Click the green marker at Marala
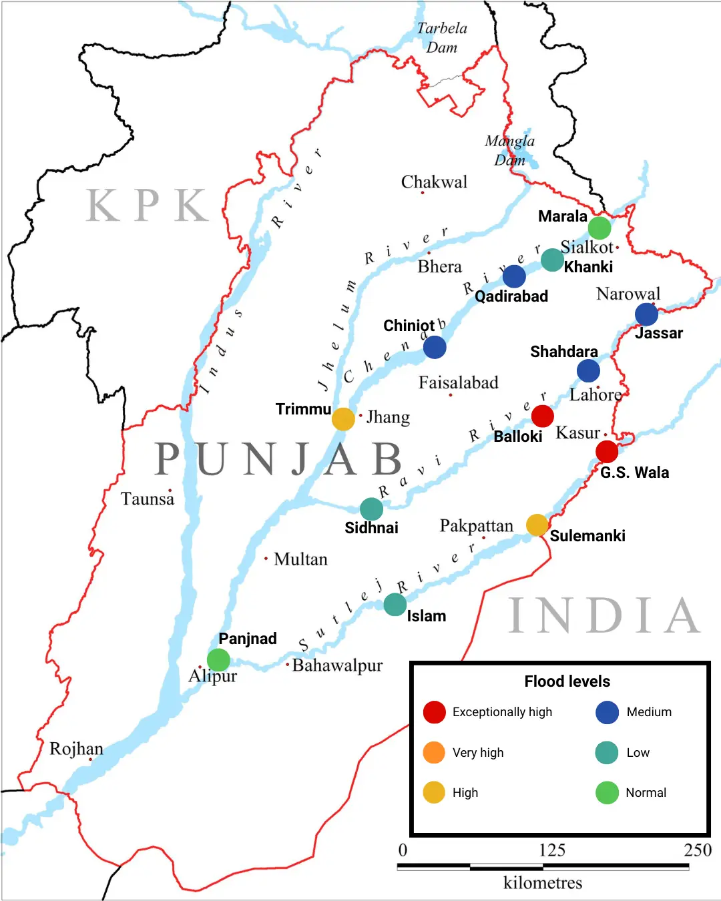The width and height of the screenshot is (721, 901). point(599,228)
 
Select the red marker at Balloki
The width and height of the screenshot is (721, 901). point(542,416)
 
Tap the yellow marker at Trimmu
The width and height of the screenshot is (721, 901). point(343,419)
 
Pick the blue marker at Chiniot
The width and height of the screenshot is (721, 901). point(435,347)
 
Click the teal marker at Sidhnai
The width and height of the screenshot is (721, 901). point(371,509)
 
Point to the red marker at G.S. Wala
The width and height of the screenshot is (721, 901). point(607,452)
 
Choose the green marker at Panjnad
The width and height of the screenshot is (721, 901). point(218,660)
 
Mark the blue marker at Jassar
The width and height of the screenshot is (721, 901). point(646,314)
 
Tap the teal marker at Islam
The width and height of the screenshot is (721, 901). point(395,605)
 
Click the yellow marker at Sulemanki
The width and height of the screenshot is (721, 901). point(537,525)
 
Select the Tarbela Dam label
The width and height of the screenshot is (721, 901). point(442,37)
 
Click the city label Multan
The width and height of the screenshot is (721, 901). point(300,559)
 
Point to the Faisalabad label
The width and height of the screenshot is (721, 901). point(458,383)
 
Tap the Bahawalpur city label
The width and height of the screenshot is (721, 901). point(337,665)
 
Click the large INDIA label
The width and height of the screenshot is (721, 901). point(605,615)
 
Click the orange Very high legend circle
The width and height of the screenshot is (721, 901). point(434,752)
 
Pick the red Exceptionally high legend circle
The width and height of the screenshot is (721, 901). point(434,712)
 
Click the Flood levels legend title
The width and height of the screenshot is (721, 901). point(567,681)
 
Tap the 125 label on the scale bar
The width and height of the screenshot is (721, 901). point(552,850)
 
